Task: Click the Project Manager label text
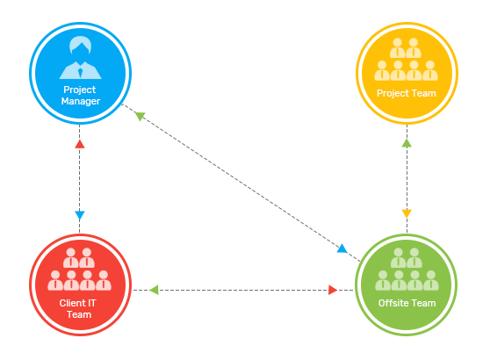coord(80,96)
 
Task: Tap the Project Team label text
coord(407,93)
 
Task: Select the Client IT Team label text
coord(78,309)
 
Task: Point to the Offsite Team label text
coord(407,303)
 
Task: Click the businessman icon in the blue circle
coord(80,57)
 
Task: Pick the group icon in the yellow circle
coord(406,60)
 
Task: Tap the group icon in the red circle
coord(79,270)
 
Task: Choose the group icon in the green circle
coord(407,270)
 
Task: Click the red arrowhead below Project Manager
coord(80,144)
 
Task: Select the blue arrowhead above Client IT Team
coord(80,215)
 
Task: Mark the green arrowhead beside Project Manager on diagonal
coord(140,116)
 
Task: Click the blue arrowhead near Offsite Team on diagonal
coord(342,248)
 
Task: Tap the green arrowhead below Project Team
coord(407,143)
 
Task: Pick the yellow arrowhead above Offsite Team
coord(407,213)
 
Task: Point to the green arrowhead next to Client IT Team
coord(154,290)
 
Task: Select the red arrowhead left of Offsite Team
coord(333,290)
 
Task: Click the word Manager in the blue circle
coord(81,102)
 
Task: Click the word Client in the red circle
coord(72,303)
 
